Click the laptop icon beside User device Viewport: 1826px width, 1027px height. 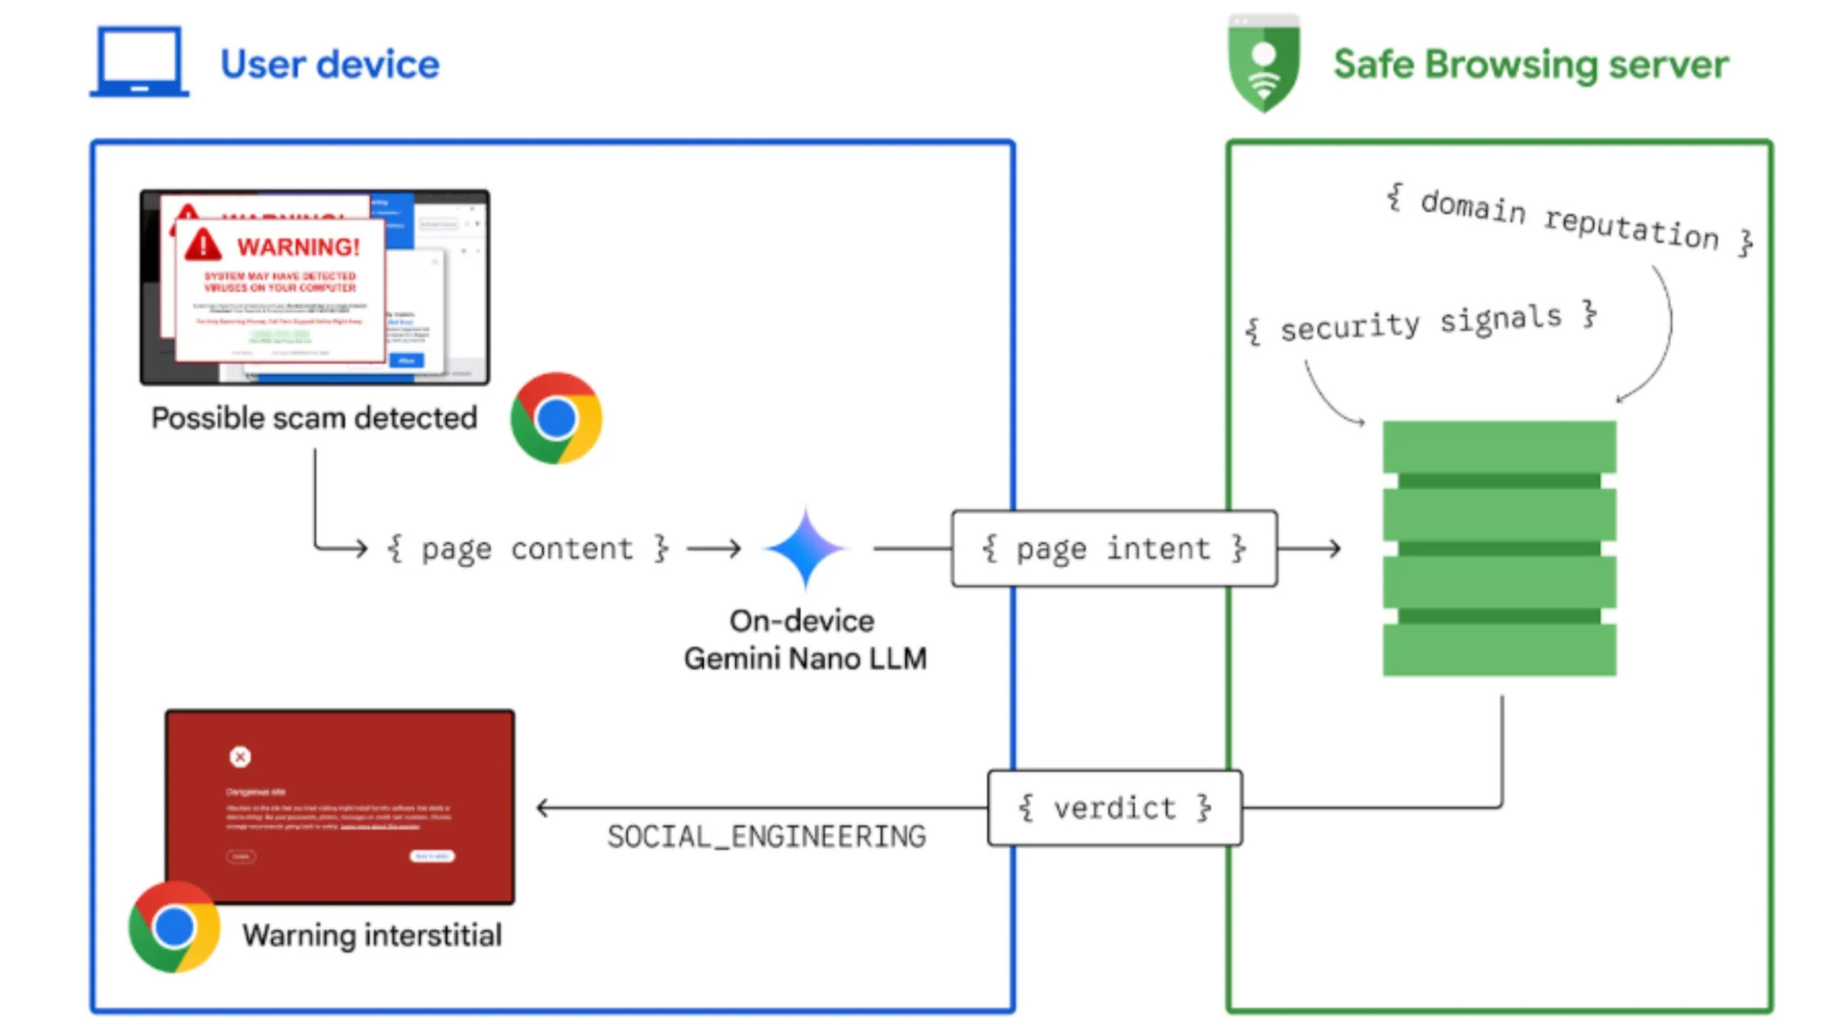pyautogui.click(x=139, y=62)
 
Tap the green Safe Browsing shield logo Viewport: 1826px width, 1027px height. pyautogui.click(x=1263, y=65)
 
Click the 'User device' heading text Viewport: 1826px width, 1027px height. pyautogui.click(x=329, y=65)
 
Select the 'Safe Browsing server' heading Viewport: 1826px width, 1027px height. pyautogui.click(x=1530, y=65)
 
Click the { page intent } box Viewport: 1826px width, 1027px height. pyautogui.click(x=1114, y=549)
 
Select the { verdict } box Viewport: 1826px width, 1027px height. pyautogui.click(x=1115, y=808)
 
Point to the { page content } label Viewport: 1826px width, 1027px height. pyautogui.click(x=527, y=549)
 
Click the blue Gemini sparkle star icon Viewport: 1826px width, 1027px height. pyautogui.click(x=805, y=549)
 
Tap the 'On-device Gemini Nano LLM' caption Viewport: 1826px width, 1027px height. pyautogui.click(x=805, y=640)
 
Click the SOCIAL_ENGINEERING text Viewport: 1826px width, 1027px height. pyautogui.click(x=767, y=837)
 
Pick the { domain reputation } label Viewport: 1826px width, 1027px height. pyautogui.click(x=1569, y=220)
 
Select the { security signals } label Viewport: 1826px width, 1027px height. pyautogui.click(x=1422, y=323)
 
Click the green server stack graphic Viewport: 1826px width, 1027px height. pyautogui.click(x=1499, y=549)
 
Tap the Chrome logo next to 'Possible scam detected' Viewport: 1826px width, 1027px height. pyautogui.click(x=556, y=418)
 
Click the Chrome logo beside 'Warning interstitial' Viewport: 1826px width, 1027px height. pyautogui.click(x=174, y=927)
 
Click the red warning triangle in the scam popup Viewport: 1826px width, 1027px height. pyautogui.click(x=203, y=244)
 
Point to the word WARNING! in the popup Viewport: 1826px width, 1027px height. pyautogui.click(x=299, y=247)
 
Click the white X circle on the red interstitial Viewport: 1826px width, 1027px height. pyautogui.click(x=240, y=757)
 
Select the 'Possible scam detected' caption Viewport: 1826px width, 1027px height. pyautogui.click(x=314, y=418)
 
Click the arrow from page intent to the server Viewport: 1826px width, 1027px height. pyautogui.click(x=1311, y=549)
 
